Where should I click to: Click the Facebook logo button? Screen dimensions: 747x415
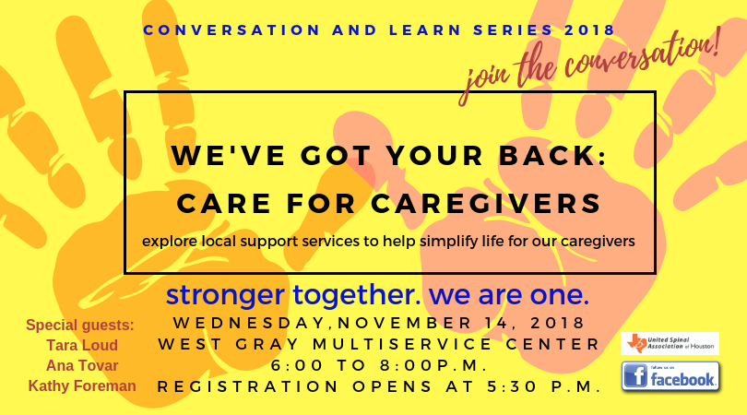670,376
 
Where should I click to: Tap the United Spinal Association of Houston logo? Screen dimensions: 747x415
670,344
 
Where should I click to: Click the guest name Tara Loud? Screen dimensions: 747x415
82,345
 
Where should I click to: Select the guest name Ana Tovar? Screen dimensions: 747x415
82,365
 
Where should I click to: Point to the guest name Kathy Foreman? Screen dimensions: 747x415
82,385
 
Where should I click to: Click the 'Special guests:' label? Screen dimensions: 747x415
80,325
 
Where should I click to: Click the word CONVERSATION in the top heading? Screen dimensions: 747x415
231,30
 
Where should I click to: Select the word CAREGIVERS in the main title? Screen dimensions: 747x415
486,204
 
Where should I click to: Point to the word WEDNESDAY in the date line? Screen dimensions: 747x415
249,323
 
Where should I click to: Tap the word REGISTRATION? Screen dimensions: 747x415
248,386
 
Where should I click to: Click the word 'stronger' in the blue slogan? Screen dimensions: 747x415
225,295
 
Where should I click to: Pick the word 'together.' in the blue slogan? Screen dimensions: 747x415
357,295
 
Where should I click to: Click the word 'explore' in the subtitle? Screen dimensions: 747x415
170,241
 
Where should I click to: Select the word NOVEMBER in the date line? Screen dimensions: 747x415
405,323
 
